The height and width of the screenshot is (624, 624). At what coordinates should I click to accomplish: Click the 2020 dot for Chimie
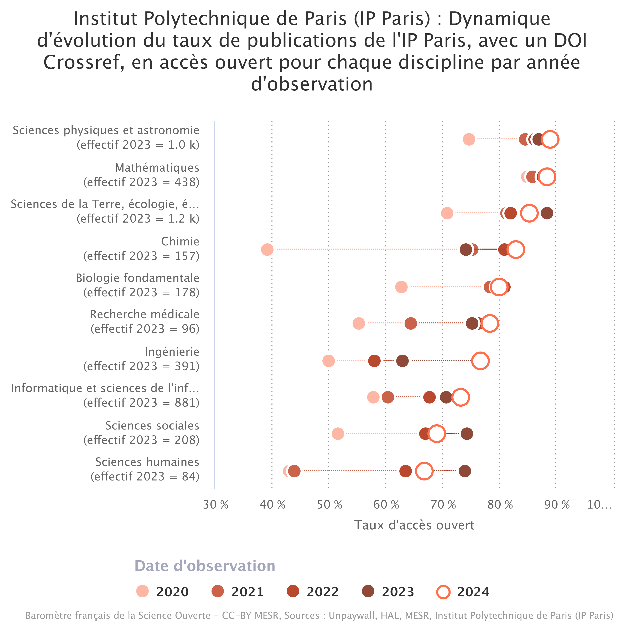pos(267,249)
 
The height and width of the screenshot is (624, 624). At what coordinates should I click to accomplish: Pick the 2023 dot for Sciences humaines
pos(464,471)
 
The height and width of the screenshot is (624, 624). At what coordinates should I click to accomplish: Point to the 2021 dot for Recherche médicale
pos(411,323)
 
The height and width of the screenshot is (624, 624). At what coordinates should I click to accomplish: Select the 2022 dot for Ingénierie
pos(374,360)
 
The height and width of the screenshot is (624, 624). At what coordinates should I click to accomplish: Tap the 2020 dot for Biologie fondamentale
pos(401,287)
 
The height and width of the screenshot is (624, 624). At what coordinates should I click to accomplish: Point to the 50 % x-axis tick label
pos(329,504)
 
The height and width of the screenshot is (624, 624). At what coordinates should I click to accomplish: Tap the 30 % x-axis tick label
pos(215,504)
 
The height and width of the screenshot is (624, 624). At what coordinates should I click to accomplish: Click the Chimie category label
pos(180,241)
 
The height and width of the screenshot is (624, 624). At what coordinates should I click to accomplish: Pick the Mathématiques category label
pos(157,168)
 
